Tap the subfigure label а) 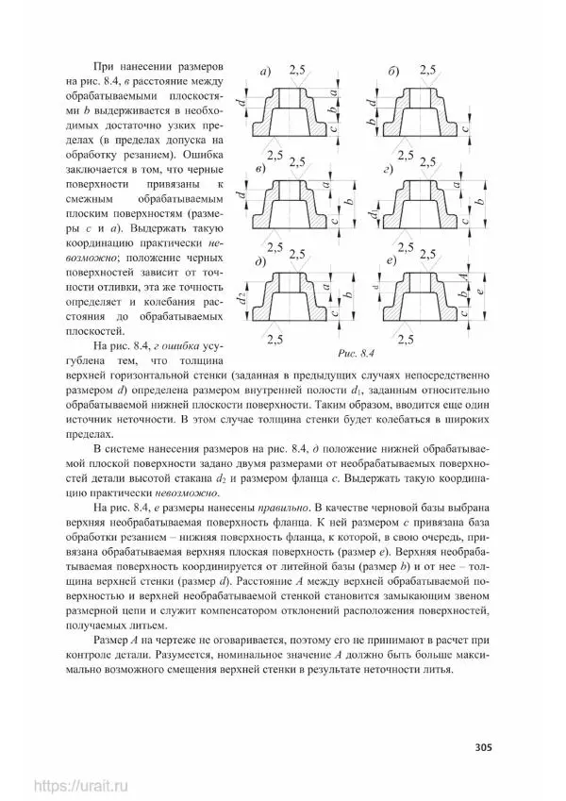[266, 72]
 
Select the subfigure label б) [393, 72]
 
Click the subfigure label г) [388, 169]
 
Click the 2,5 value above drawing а [297, 71]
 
